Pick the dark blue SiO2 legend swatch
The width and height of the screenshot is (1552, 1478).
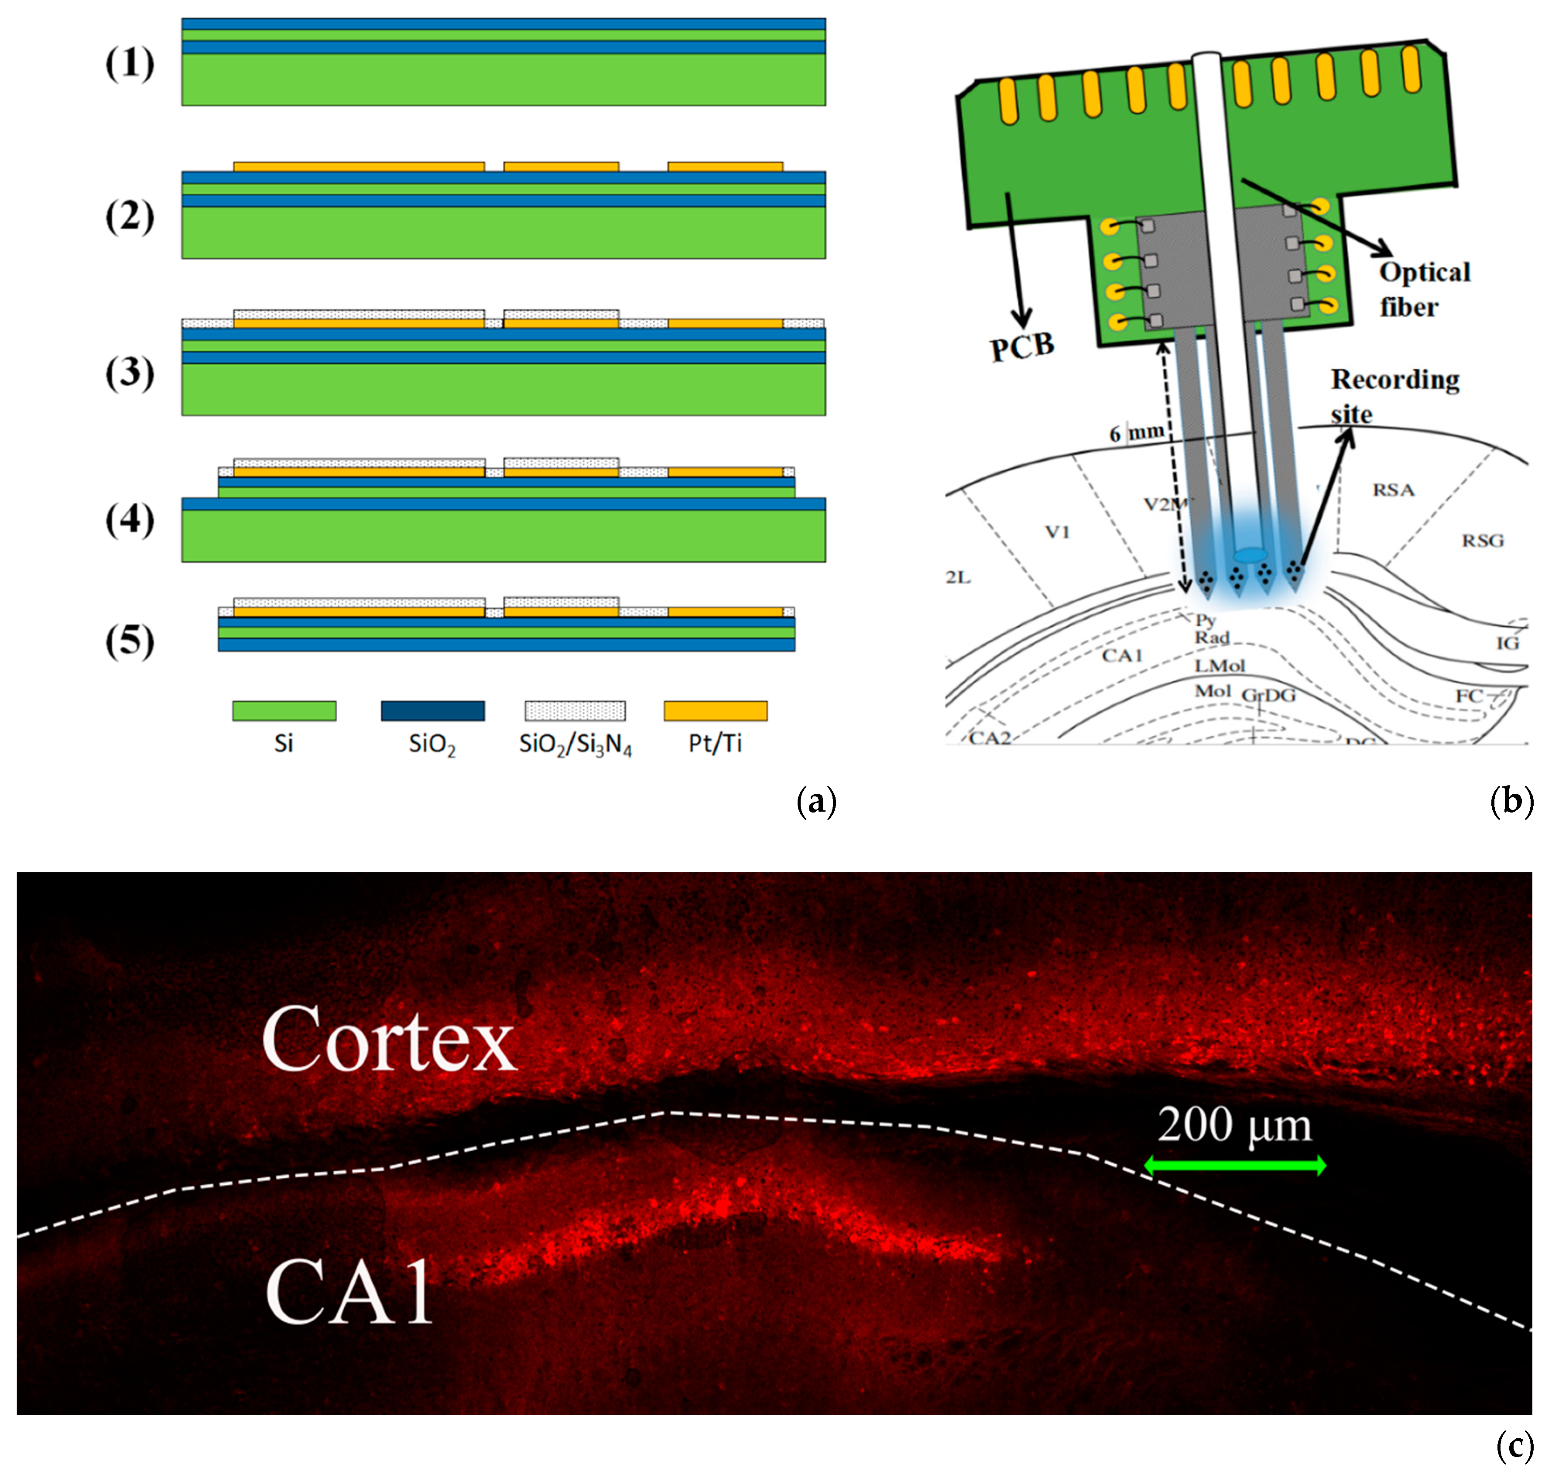coord(432,711)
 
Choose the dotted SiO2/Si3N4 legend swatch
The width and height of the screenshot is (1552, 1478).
coord(575,711)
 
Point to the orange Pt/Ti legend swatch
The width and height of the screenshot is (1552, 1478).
coord(715,711)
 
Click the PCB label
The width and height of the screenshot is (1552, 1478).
coord(1022,346)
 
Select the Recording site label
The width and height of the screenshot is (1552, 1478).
coord(1394,396)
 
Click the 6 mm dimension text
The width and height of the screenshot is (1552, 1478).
coord(1136,432)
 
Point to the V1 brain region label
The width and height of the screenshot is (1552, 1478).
coord(1057,532)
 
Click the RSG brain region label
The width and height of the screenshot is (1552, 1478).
coord(1483,541)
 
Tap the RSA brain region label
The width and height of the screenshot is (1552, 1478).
coord(1394,490)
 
